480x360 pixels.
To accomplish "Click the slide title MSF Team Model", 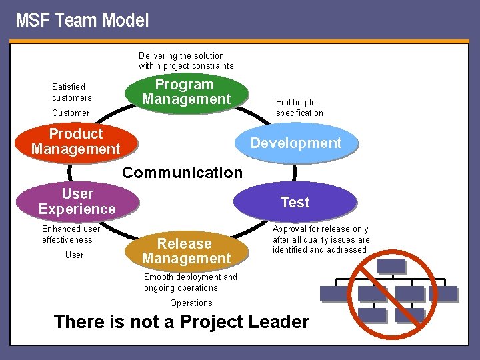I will (x=82, y=21).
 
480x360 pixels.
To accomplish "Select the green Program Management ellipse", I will (x=186, y=92).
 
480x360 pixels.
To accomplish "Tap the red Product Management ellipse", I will (x=75, y=141).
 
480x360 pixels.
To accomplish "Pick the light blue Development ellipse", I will (x=296, y=143).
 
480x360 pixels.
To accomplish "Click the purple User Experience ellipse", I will (x=77, y=201).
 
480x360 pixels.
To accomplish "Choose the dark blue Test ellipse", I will (x=295, y=203).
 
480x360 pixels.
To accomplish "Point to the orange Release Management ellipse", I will (x=186, y=251).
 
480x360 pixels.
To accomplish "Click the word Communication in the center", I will (x=182, y=173).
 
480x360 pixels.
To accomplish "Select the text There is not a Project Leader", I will (x=181, y=322).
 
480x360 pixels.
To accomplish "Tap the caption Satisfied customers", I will (x=72, y=92).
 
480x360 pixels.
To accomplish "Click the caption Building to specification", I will (x=299, y=107).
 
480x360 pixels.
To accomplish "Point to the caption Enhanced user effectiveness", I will (x=71, y=234).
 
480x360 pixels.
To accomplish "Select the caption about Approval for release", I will (x=321, y=239).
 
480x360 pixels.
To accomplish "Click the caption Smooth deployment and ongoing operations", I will (x=190, y=282).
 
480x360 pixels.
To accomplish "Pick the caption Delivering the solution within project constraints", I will (x=186, y=61).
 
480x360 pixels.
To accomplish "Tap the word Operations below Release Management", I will (x=191, y=303).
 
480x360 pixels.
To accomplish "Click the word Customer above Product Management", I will (x=71, y=113).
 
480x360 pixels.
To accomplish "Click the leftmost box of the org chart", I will (x=334, y=293).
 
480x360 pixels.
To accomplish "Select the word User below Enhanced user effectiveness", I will (x=75, y=255).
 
